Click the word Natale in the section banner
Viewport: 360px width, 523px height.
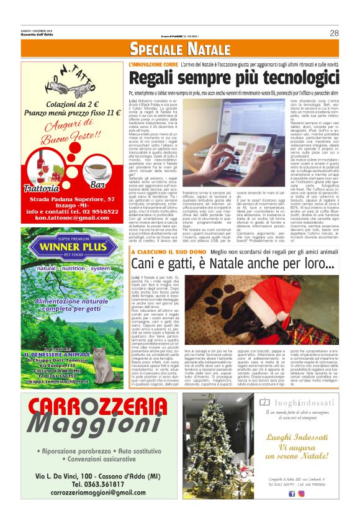click(202, 50)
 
